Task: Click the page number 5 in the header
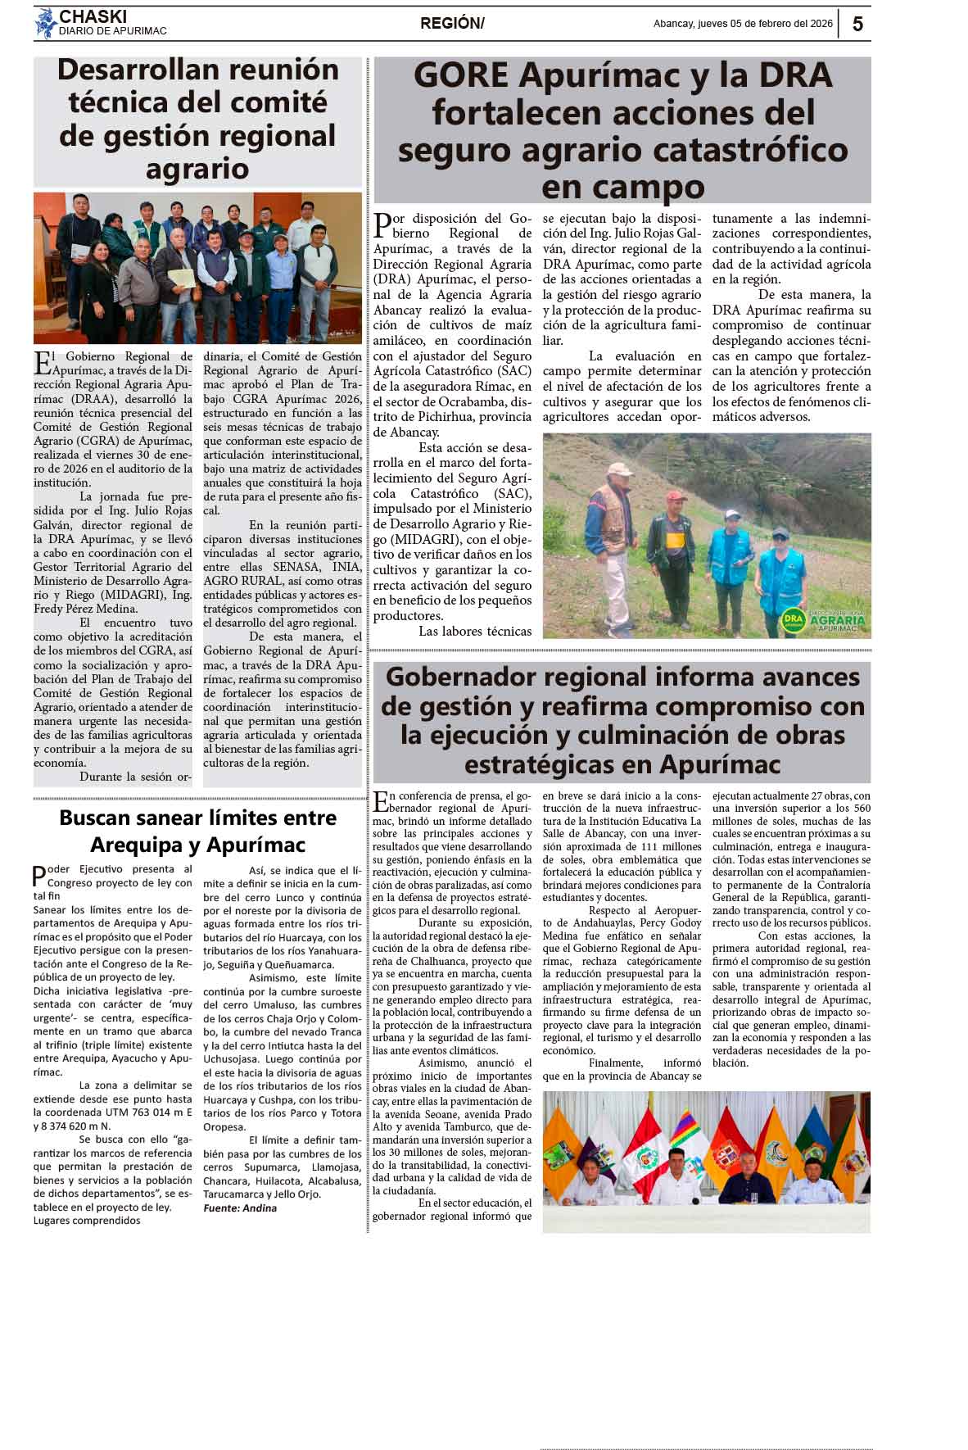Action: tap(857, 24)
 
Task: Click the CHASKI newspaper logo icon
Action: tap(45, 24)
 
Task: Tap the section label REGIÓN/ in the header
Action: tap(452, 24)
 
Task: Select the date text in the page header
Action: tap(743, 24)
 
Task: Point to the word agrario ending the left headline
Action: tap(197, 169)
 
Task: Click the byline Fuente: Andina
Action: tap(240, 1208)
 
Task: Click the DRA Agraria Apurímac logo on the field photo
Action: tap(822, 620)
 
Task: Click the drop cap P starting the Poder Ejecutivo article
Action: tap(39, 876)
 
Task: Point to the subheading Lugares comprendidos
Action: tap(87, 1221)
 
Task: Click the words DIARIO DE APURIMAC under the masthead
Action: tap(112, 31)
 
